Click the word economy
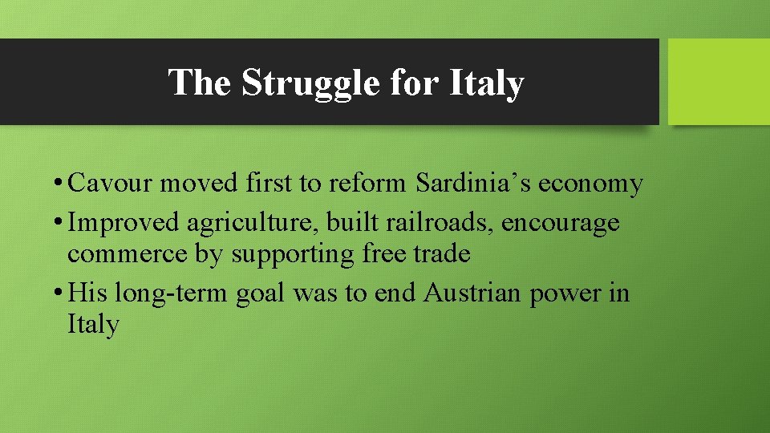pos(590,184)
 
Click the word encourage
pos(561,222)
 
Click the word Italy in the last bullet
pos(93,324)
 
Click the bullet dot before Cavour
pos(60,184)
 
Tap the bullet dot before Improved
pos(60,223)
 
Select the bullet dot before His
pos(60,293)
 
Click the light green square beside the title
pos(719,82)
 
